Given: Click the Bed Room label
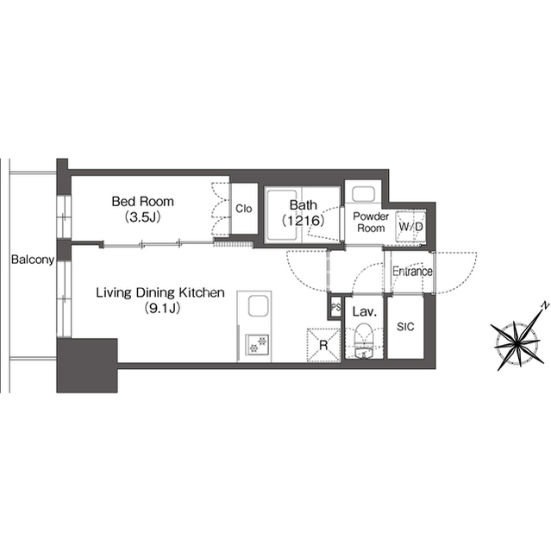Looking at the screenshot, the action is (142, 201).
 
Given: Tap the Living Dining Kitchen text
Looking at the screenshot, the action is (160, 292).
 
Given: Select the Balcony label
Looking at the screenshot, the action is (33, 260).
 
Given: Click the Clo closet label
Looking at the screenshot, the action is (243, 209).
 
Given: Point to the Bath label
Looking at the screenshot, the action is (303, 205).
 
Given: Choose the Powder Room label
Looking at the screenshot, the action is (371, 223).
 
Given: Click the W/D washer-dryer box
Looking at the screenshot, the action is (410, 227).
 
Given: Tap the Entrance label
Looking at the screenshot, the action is (412, 272).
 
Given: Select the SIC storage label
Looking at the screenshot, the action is (405, 327).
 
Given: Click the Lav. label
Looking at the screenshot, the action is (365, 311).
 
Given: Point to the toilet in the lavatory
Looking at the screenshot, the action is (364, 335).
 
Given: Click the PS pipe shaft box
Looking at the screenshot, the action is (335, 307).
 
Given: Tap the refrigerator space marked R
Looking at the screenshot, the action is (324, 345).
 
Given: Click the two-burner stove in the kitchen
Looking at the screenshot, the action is (257, 344).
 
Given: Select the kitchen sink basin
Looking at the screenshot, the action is (259, 306).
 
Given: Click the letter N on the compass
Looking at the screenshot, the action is (545, 306).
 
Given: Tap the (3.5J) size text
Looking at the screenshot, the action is (143, 217).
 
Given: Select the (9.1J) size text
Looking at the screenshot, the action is (162, 309).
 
